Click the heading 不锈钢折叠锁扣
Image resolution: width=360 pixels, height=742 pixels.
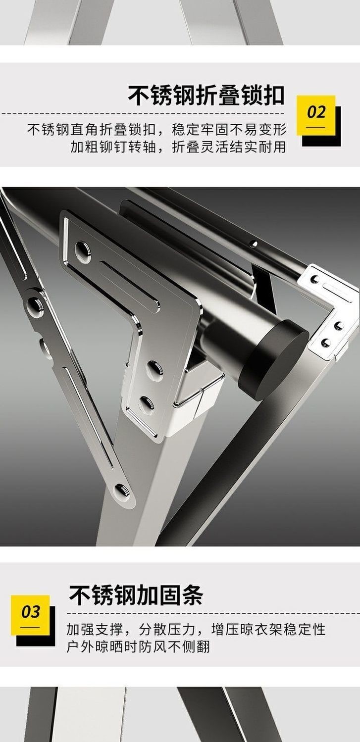tap(206, 95)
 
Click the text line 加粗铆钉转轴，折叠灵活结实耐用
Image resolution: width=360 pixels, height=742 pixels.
tap(178, 147)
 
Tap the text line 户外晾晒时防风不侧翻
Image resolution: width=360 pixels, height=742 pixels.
tap(138, 646)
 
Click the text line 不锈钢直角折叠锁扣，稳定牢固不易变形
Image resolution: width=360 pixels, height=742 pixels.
tap(157, 130)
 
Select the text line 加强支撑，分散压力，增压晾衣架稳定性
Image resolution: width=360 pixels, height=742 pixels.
tap(196, 629)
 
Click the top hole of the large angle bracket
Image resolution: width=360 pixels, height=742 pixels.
tap(82, 249)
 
